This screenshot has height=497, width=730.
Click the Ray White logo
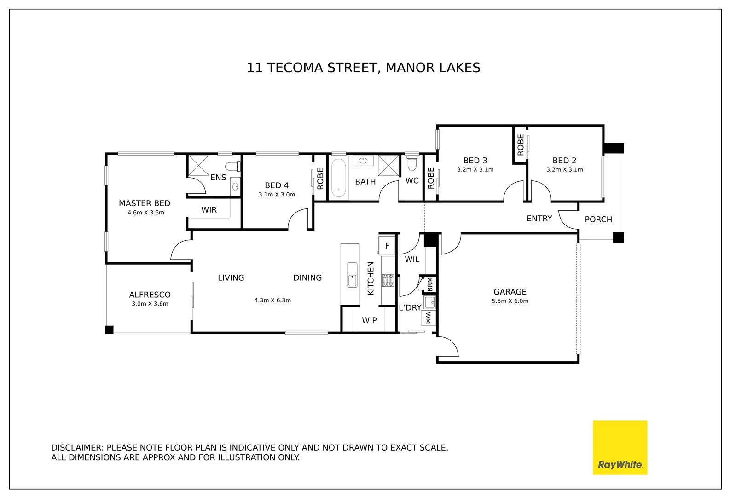pos(620,447)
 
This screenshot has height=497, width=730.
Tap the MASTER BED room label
pos(145,203)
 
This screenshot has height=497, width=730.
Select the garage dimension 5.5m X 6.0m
pos(510,301)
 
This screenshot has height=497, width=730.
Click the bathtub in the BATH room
pos(339,178)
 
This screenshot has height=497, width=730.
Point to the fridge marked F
pos(387,245)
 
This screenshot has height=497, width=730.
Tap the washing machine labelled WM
pos(428,318)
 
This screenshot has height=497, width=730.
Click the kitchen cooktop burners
pos(388,280)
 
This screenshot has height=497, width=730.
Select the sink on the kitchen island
pos(352,275)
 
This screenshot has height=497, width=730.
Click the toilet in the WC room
pos(412,162)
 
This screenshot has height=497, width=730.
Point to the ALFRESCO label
pos(150,295)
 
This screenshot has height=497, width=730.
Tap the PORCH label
pos(598,220)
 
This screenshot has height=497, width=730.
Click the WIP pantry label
pos(369,320)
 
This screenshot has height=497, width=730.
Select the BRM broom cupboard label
pos(430,284)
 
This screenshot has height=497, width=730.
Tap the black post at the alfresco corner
pos(109,330)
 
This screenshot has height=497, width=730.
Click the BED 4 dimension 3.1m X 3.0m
pos(277,195)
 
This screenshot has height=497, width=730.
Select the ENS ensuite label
pos(218,177)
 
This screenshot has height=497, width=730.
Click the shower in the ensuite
pos(199,166)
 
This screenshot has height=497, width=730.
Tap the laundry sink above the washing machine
pos(429,302)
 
